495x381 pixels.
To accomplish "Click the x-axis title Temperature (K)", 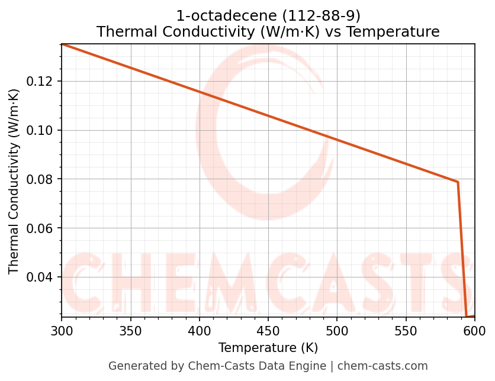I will coord(268,348).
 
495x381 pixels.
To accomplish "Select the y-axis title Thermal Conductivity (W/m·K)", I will coord(14,181).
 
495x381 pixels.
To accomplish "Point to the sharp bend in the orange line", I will coord(458,182).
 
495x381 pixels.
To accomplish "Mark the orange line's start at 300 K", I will coord(62,44).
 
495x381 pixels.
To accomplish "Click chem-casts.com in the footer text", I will coord(382,366).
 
